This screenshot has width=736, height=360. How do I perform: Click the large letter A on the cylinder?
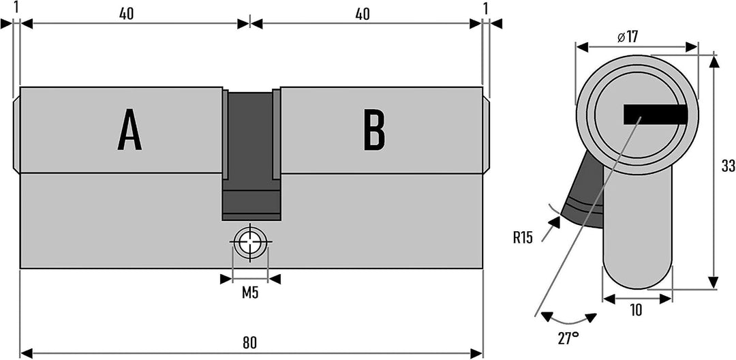coord(129,130)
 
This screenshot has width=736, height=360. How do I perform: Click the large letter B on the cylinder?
coord(375,130)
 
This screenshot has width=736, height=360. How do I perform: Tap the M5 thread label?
coord(250,293)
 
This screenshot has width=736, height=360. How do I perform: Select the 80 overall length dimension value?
coord(250,343)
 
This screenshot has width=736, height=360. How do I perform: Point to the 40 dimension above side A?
coord(126,14)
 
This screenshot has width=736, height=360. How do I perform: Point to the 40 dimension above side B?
coord(362,14)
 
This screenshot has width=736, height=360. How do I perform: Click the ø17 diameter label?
coord(628,37)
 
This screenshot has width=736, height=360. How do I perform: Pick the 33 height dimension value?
coord(728,166)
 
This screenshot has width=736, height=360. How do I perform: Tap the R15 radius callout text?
coord(523,238)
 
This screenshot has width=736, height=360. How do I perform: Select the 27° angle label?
coord(568,338)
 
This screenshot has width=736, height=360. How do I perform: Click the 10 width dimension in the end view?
coord(636,310)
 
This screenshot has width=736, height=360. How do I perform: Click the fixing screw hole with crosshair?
coord(250,242)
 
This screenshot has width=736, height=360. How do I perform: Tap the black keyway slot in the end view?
coord(656,115)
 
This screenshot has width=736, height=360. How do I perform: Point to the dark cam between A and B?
coord(251,155)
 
